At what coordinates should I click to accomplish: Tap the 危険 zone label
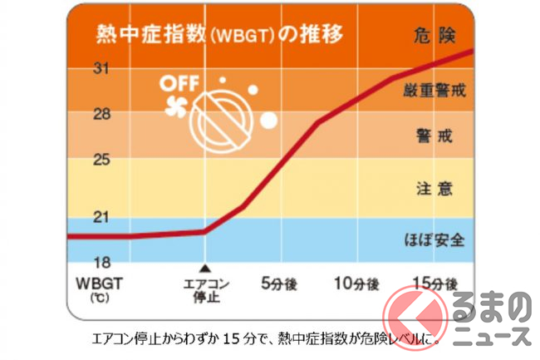[432, 35]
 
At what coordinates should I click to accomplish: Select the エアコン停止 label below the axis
[206, 290]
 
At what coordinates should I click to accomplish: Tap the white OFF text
[178, 84]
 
